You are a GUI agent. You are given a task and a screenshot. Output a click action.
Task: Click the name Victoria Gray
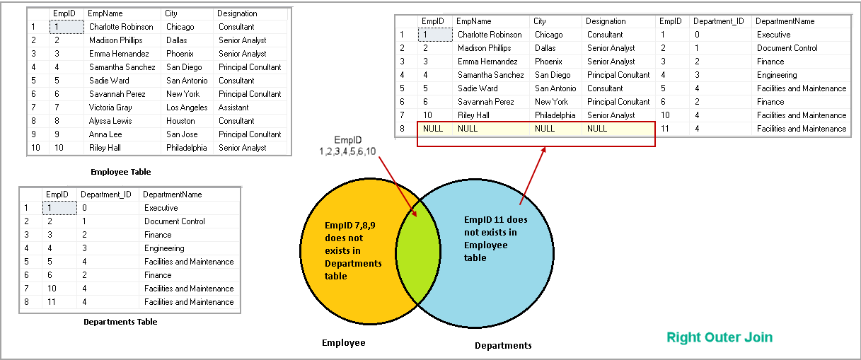point(110,108)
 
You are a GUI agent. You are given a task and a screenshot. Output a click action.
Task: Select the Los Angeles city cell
point(187,108)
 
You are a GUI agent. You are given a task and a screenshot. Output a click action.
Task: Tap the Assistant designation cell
point(233,108)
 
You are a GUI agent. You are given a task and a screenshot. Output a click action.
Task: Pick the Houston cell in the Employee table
point(180,121)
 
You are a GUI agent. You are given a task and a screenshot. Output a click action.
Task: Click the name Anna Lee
point(105,134)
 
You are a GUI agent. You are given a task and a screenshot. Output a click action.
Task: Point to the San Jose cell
point(182,134)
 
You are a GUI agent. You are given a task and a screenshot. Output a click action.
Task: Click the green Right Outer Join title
point(720,337)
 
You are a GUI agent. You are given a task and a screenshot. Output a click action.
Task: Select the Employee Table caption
point(120,172)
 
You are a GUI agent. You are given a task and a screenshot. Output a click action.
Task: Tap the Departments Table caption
point(120,322)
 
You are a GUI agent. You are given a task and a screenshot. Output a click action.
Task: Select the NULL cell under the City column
point(545,129)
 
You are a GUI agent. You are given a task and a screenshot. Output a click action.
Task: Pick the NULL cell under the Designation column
point(597,129)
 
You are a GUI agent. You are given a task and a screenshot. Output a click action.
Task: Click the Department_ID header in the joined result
point(718,21)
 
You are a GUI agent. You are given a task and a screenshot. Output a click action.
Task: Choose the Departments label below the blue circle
point(502,346)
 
